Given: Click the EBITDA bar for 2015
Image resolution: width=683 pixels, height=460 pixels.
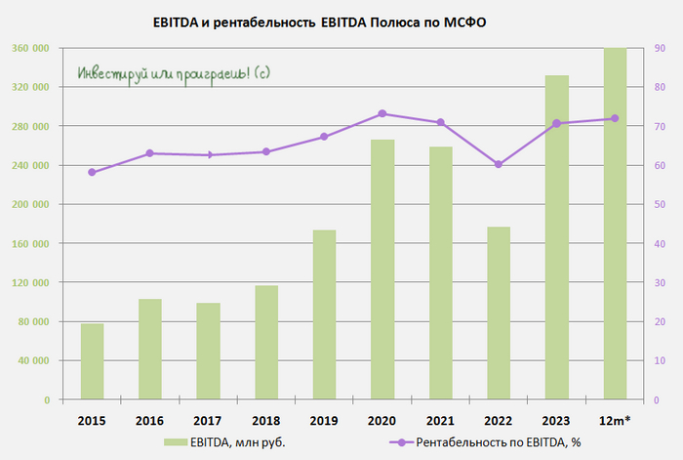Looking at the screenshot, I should [92, 361].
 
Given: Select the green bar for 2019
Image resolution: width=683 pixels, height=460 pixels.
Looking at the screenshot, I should [324, 314].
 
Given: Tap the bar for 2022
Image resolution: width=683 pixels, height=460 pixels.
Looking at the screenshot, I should [498, 313].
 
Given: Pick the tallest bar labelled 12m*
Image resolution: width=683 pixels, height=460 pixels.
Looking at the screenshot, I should [615, 225].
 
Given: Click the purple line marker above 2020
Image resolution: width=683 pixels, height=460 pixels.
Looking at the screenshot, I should [382, 113].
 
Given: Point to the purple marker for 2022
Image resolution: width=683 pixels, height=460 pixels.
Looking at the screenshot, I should [498, 164].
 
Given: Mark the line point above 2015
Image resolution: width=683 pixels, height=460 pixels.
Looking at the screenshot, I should [92, 172].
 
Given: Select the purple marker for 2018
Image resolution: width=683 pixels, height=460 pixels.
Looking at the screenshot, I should [266, 151].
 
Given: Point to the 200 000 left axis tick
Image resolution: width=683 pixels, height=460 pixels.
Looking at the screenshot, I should [32, 204].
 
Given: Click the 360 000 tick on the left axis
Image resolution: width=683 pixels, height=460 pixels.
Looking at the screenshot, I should [32, 48].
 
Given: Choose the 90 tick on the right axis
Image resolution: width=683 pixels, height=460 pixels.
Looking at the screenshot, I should [660, 48].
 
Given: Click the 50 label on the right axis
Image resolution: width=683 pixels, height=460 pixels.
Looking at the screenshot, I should [660, 204].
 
